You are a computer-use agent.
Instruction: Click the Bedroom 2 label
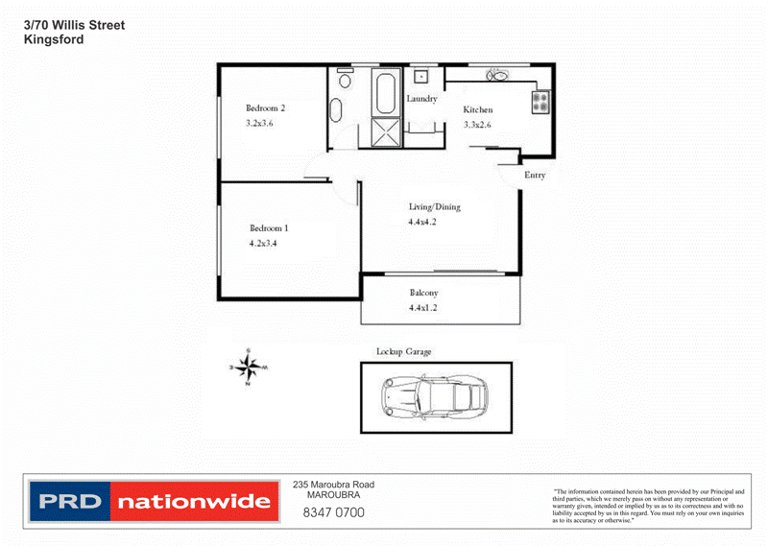266,108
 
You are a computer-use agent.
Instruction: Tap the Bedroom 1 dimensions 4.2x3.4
263,243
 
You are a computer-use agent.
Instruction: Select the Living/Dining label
435,207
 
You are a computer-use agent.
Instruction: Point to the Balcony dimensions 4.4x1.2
423,308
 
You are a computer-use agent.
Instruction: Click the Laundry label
421,99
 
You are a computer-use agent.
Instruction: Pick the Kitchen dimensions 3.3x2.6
477,125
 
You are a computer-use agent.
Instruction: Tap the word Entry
535,175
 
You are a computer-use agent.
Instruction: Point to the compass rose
248,367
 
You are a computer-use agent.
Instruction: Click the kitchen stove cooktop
541,100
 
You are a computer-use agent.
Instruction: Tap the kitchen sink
497,75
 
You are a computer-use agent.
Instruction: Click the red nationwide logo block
193,501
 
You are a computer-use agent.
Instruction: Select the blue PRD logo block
70,501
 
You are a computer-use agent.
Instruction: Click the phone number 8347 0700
333,512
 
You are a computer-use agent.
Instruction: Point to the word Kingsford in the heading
54,40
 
